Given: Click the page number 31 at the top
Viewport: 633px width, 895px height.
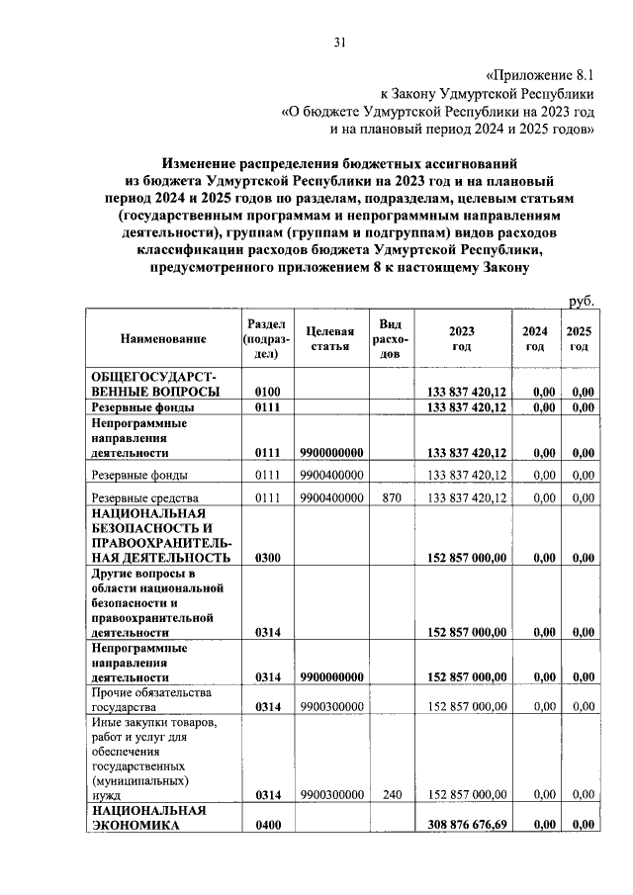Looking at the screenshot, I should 339,42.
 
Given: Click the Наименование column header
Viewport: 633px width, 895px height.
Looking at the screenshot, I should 163,339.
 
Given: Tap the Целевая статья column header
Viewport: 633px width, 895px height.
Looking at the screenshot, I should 331,339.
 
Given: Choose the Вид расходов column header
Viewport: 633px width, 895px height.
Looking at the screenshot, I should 391,339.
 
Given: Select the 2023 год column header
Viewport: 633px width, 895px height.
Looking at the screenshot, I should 461,339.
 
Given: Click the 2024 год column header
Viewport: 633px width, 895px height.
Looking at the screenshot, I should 534,339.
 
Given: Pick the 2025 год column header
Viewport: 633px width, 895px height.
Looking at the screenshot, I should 580,339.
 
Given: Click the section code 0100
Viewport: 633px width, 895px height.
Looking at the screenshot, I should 268,393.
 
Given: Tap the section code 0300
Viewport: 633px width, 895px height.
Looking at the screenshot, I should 268,558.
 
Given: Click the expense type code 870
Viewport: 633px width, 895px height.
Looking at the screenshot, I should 391,497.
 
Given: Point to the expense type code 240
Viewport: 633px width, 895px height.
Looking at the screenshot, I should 391,794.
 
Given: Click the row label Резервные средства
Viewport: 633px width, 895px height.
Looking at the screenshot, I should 145,497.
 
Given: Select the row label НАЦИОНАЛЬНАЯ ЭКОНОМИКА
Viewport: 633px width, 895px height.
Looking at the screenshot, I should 148,817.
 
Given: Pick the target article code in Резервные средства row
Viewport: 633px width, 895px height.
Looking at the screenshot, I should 331,497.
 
